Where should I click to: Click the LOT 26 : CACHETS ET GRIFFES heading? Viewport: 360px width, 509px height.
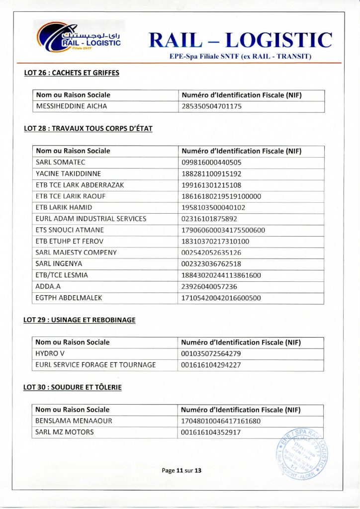[x=72, y=73]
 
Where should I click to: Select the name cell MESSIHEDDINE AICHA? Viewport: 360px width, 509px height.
[x=72, y=106]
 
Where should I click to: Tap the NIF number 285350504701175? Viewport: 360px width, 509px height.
[x=211, y=106]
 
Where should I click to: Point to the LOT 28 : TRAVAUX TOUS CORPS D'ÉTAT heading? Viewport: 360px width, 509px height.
[x=88, y=128]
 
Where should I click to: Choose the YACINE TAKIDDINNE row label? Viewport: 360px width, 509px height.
[x=68, y=173]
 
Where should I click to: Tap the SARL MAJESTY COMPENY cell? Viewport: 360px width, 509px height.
[x=76, y=253]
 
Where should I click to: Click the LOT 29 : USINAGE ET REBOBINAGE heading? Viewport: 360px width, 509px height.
[x=80, y=320]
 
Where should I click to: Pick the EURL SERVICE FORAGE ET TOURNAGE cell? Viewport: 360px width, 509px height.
[x=95, y=365]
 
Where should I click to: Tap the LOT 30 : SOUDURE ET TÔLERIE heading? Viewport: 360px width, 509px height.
[x=73, y=387]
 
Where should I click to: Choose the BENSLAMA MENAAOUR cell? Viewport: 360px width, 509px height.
[x=74, y=421]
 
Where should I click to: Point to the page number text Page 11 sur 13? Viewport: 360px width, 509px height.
[x=181, y=470]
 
